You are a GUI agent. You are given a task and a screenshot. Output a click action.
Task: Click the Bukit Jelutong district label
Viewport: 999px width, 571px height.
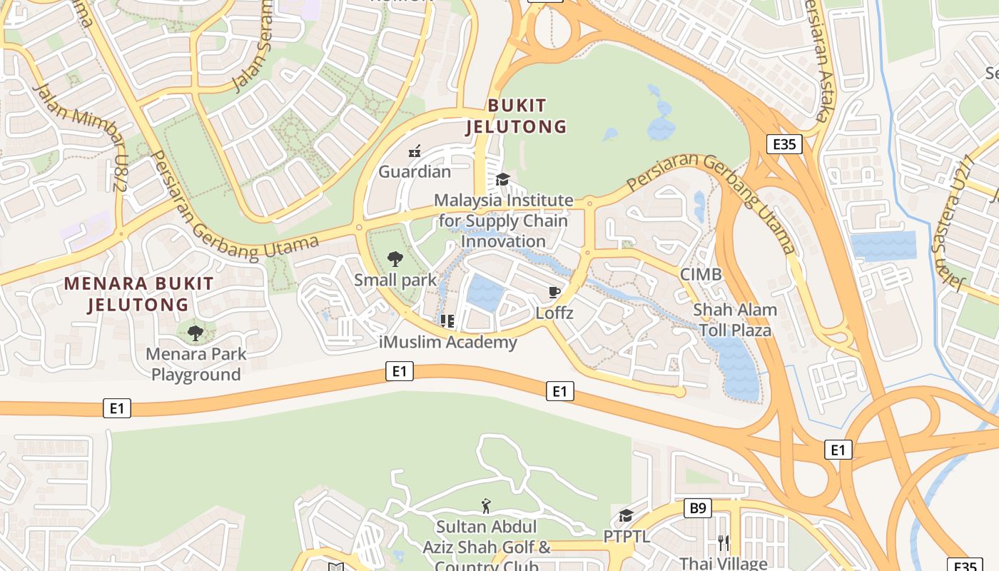coord(517,116)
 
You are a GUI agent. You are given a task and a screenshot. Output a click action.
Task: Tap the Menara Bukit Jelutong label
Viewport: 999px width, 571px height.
coord(138,294)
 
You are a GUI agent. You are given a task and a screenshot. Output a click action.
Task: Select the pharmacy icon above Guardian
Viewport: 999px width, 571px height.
coord(415,151)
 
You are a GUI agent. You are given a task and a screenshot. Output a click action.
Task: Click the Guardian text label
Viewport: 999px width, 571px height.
coord(415,171)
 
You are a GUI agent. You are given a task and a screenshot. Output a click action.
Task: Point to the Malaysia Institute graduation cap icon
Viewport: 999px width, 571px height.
coord(503,179)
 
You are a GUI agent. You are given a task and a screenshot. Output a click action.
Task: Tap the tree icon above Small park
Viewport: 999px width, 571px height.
coord(395,259)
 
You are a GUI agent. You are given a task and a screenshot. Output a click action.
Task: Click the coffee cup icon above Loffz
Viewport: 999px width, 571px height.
coord(554,292)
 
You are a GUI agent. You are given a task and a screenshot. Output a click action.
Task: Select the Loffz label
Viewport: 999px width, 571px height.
coord(554,313)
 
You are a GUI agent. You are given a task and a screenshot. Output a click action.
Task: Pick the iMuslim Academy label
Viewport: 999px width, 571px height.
coord(448,342)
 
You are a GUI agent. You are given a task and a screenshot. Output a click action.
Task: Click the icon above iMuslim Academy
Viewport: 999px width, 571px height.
coord(447,321)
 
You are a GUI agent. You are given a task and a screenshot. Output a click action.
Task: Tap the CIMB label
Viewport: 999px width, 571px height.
coord(701,274)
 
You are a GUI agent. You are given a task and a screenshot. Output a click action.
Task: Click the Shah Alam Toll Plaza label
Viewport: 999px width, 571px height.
coord(735,320)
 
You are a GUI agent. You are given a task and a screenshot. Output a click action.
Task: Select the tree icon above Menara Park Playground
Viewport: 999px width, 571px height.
coord(196,333)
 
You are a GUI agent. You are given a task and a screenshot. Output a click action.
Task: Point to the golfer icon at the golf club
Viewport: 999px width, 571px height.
coord(487,507)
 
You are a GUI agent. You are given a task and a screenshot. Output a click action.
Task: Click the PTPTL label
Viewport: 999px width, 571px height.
coord(627,536)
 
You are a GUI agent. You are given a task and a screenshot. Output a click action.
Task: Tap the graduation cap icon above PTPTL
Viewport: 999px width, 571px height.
coord(626,515)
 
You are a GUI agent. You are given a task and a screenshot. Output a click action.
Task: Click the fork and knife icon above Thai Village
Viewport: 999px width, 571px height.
coord(724,543)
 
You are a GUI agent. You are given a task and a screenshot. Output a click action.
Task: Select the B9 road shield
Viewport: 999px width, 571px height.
coord(697,508)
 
